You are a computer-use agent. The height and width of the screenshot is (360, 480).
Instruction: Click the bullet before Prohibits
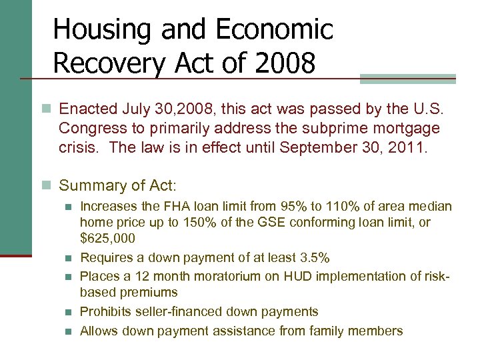click(x=69, y=311)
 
